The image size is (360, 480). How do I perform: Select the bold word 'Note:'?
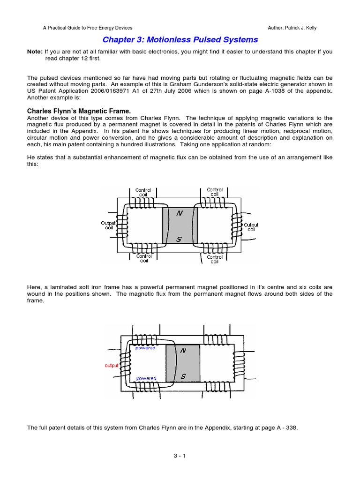(x=35, y=52)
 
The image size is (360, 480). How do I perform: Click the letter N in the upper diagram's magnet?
(x=179, y=214)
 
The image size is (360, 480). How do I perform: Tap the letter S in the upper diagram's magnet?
(x=179, y=239)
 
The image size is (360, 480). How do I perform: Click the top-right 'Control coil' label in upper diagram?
(x=215, y=192)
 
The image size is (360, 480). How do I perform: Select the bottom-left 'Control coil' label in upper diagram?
(x=144, y=259)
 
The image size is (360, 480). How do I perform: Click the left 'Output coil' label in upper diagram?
(x=108, y=226)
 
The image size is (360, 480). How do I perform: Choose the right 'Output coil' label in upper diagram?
(x=251, y=227)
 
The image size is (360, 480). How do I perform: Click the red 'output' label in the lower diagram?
(x=112, y=365)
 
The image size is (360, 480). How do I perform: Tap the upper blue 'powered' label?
(x=145, y=348)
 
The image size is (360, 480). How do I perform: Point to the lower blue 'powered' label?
(x=146, y=378)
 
